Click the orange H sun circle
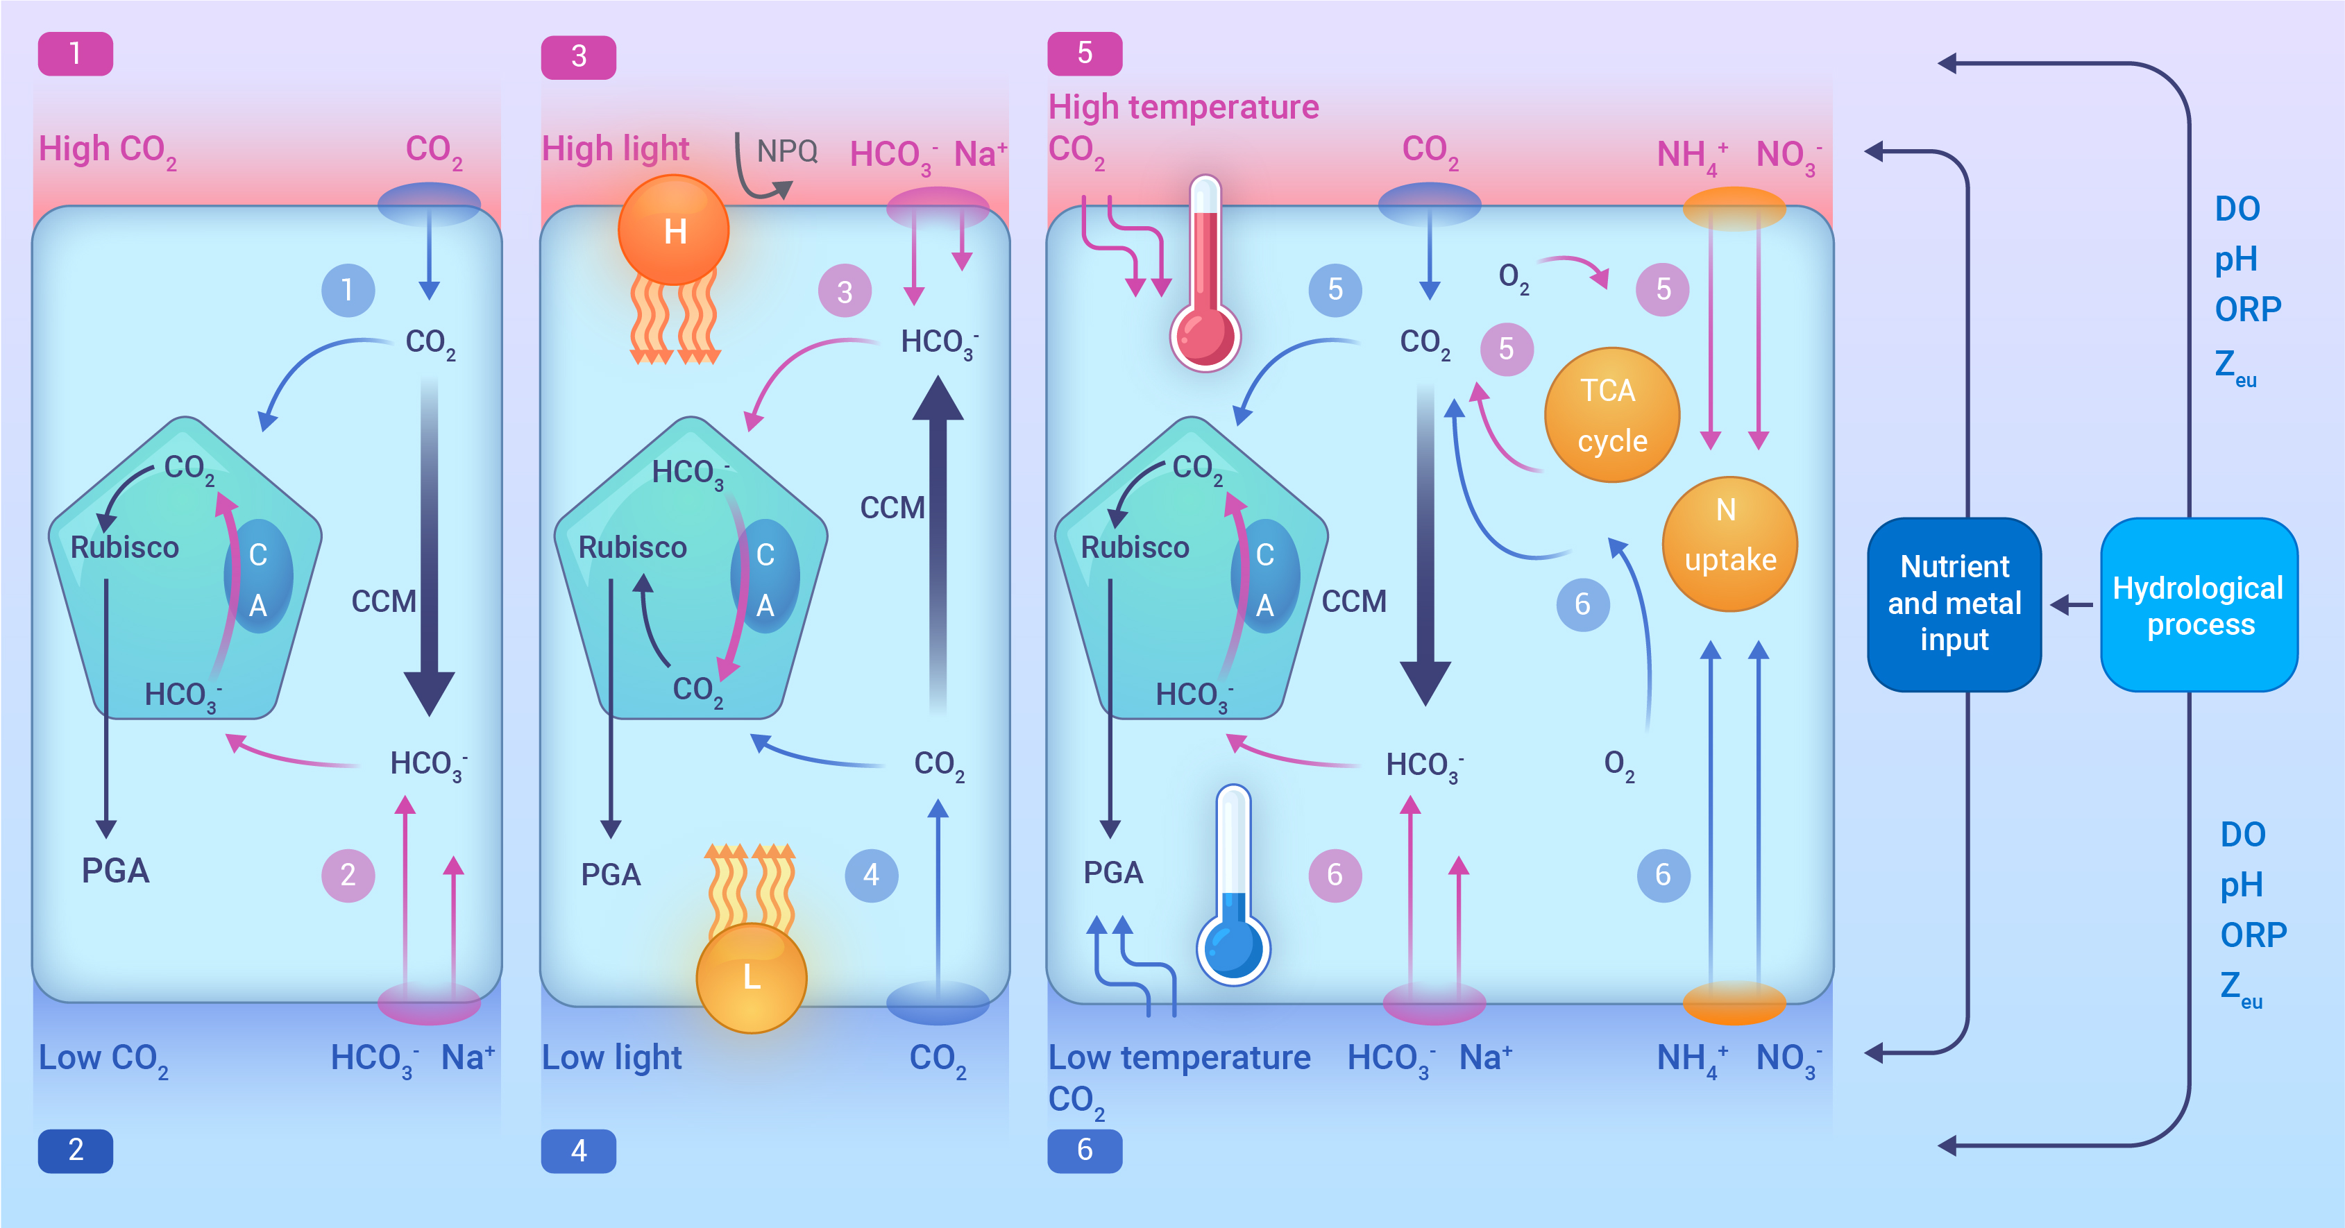point(674,230)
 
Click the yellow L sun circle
point(751,978)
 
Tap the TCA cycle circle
point(1611,415)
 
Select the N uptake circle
point(1729,543)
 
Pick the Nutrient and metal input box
point(1954,604)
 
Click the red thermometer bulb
point(1204,336)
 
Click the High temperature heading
point(1183,108)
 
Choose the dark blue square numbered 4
point(578,1150)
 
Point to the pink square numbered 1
point(76,53)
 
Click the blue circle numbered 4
point(871,875)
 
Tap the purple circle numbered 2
point(348,875)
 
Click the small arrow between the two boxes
point(2071,604)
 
